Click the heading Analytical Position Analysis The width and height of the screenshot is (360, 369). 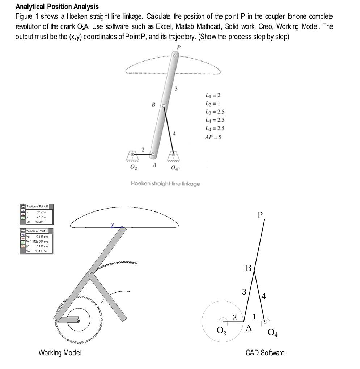(x=57, y=7)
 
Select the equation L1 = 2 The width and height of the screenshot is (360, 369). (x=213, y=95)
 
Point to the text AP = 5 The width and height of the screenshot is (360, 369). (x=213, y=137)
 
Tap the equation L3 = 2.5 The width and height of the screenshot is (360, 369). (x=215, y=112)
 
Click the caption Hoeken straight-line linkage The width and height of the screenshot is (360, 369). (x=165, y=184)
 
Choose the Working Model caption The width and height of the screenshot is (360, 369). (x=60, y=353)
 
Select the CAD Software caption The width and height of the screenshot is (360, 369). (x=265, y=353)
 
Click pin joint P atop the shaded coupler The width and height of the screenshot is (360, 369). (x=175, y=56)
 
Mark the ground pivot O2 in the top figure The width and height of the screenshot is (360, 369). (x=132, y=155)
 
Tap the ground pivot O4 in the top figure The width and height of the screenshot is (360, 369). (x=173, y=155)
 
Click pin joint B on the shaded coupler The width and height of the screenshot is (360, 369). (x=164, y=106)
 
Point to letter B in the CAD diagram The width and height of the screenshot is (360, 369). (x=248, y=268)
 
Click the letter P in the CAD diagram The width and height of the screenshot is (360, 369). (x=260, y=215)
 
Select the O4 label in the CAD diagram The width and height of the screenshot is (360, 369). (x=272, y=332)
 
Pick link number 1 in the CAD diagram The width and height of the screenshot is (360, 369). (x=254, y=317)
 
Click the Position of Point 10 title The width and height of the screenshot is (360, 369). (x=38, y=206)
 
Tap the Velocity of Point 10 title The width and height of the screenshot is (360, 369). (x=38, y=231)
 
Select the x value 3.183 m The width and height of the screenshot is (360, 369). (x=41, y=212)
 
